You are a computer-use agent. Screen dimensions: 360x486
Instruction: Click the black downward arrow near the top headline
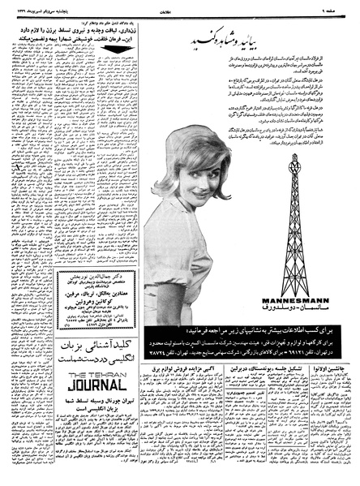click(116, 49)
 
